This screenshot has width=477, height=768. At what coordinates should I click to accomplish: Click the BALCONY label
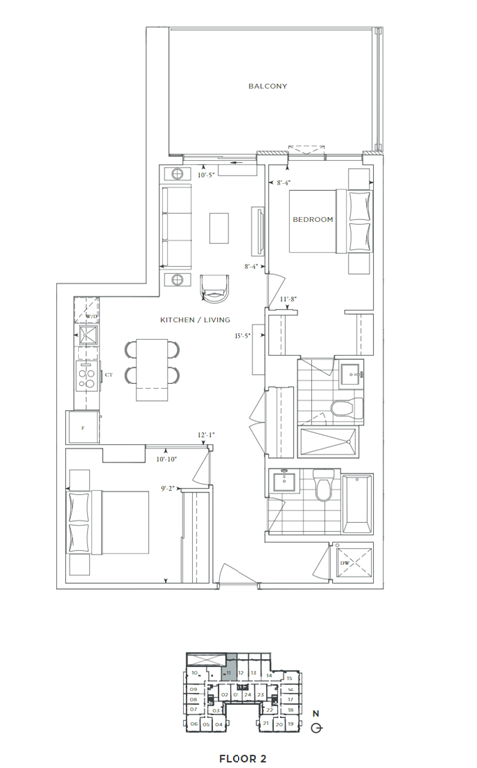[x=267, y=87]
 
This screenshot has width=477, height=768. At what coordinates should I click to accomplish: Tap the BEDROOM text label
[x=312, y=219]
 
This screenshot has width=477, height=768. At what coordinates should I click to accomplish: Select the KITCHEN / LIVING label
[x=195, y=320]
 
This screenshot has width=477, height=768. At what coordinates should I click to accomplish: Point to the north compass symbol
[x=315, y=726]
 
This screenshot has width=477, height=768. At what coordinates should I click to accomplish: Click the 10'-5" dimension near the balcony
[x=206, y=176]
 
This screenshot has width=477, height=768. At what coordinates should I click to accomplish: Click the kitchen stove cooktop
[x=86, y=378]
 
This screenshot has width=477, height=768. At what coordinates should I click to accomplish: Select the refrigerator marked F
[x=83, y=427]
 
